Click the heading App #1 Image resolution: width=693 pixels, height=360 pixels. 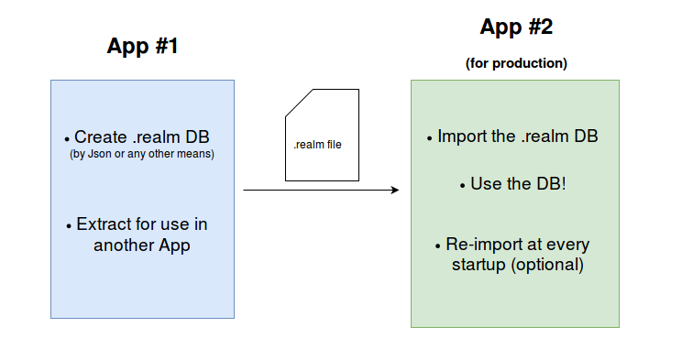point(142,46)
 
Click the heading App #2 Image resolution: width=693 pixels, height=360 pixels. point(516,27)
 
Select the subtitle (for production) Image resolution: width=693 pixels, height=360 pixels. point(516,63)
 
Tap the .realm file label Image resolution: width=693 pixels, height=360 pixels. point(318,145)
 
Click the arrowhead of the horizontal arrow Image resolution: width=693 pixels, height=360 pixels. point(395,190)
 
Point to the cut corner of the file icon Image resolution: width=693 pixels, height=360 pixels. point(299,103)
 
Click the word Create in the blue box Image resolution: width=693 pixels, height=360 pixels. point(101,136)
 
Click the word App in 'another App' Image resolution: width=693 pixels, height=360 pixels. point(174,245)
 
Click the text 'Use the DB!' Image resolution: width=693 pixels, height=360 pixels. point(518,184)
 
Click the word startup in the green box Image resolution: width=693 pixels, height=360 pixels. point(478,265)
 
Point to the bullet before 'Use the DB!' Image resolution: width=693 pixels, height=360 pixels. point(462,186)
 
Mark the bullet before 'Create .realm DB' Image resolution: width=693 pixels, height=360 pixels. point(67,139)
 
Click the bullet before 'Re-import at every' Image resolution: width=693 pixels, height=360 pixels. point(437,246)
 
